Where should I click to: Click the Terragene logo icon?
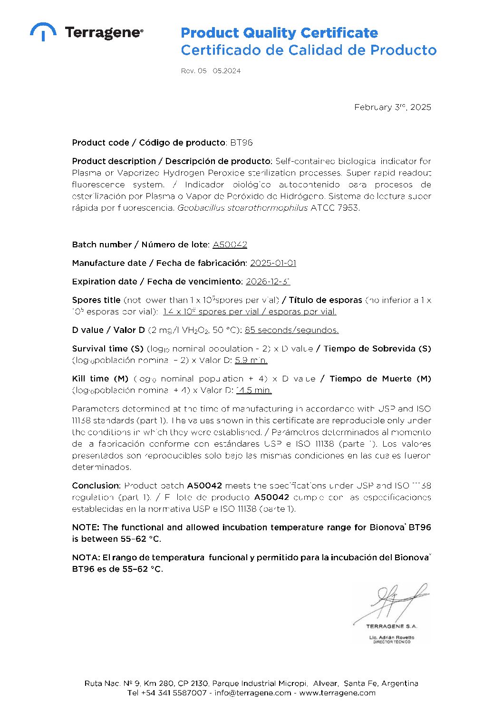tap(43, 31)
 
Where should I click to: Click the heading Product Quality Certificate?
tap(279, 33)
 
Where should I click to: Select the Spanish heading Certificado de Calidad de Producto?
tap(308, 50)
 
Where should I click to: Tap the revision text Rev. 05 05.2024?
tap(211, 71)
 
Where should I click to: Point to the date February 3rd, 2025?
tap(392, 107)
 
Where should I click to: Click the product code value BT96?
tap(242, 143)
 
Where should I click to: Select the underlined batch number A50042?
tap(230, 244)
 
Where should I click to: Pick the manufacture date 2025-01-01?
tap(273, 263)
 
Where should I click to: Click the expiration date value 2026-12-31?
tap(268, 282)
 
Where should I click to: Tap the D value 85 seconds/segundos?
tap(291, 330)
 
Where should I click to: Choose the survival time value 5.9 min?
tap(251, 360)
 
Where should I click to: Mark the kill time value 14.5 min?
tap(254, 390)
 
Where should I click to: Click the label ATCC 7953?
tap(335, 208)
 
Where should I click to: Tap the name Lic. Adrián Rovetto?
tap(391, 637)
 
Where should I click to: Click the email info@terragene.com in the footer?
tap(252, 693)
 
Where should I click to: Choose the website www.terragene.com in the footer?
tap(337, 693)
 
